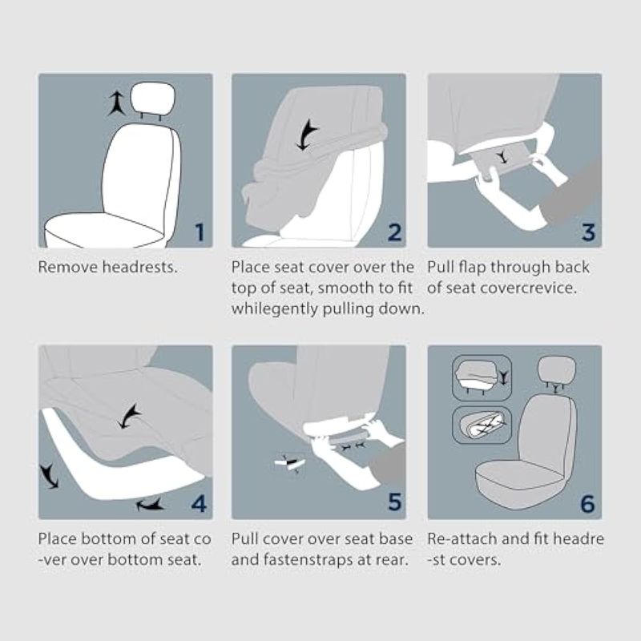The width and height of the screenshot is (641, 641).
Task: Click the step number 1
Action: point(200,232)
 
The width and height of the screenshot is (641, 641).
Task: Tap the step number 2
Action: point(394,232)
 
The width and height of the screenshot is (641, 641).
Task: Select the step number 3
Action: point(588,232)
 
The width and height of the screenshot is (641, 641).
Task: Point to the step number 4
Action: point(199,504)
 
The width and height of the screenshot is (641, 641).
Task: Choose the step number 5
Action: point(394,502)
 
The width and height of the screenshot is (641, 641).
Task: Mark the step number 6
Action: point(588,504)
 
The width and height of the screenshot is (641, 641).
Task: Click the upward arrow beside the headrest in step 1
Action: point(116,103)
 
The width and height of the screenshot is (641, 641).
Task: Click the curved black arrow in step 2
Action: point(307,135)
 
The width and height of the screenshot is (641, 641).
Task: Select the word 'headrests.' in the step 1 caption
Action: point(139,267)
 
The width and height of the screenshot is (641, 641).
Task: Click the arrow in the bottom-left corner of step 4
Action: point(50,476)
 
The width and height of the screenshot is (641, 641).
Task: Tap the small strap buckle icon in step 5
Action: point(290,463)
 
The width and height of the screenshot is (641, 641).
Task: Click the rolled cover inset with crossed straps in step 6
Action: point(482,425)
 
